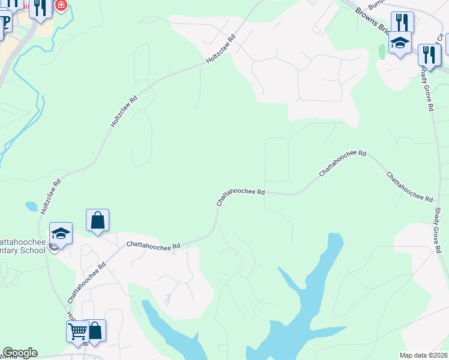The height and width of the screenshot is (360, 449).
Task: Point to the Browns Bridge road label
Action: pyautogui.click(x=372, y=20)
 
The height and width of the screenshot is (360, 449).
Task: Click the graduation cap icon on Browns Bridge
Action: pyautogui.click(x=400, y=43)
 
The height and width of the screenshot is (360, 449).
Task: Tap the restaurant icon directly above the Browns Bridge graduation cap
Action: pyautogui.click(x=402, y=23)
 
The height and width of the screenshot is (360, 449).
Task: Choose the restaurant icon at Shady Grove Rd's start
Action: pyautogui.click(x=429, y=55)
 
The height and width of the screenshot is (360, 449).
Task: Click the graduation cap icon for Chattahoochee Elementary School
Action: pyautogui.click(x=61, y=233)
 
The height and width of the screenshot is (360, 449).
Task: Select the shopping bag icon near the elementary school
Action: pyautogui.click(x=97, y=220)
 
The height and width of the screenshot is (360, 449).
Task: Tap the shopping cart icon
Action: pyautogui.click(x=77, y=331)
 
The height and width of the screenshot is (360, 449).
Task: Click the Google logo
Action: pyautogui.click(x=19, y=353)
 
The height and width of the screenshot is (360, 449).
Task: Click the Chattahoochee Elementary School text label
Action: pyautogui.click(x=24, y=245)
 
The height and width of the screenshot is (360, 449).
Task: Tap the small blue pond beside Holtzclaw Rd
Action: pyautogui.click(x=31, y=206)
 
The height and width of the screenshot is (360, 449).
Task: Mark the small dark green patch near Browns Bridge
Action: pyautogui.click(x=382, y=52)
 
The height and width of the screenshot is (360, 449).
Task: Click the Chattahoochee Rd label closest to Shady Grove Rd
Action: pyautogui.click(x=409, y=187)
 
